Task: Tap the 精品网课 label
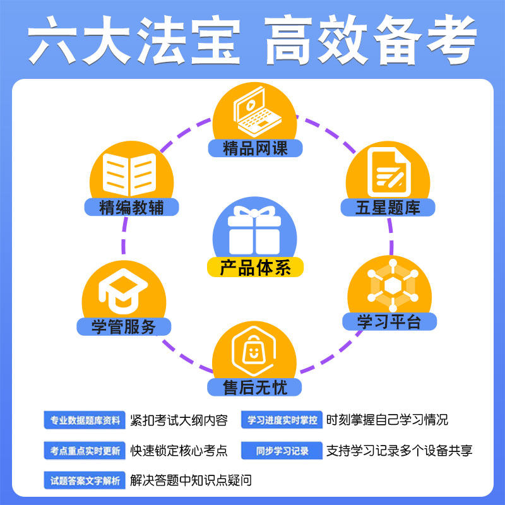click(x=255, y=148)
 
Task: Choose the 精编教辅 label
click(x=131, y=207)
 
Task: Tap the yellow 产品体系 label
click(x=255, y=268)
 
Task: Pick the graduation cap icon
click(x=122, y=290)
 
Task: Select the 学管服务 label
click(x=123, y=326)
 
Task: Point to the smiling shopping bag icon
click(x=254, y=351)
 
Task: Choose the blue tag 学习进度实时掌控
click(x=282, y=420)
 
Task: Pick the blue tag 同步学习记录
click(x=282, y=451)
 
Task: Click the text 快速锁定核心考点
click(x=179, y=451)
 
